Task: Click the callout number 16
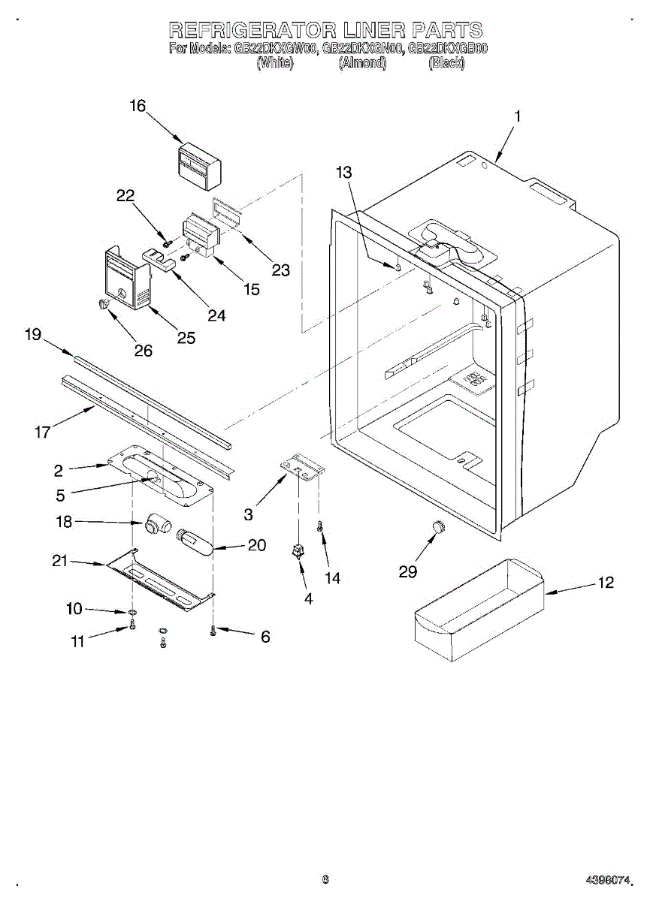pyautogui.click(x=138, y=106)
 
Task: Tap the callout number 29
pyautogui.click(x=408, y=572)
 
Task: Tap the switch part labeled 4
pyautogui.click(x=299, y=555)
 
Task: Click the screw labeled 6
pyautogui.click(x=213, y=631)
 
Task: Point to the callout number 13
pyautogui.click(x=343, y=173)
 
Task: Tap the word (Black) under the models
pyautogui.click(x=446, y=64)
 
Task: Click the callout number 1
pyautogui.click(x=517, y=117)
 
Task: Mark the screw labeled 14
pyautogui.click(x=321, y=530)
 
